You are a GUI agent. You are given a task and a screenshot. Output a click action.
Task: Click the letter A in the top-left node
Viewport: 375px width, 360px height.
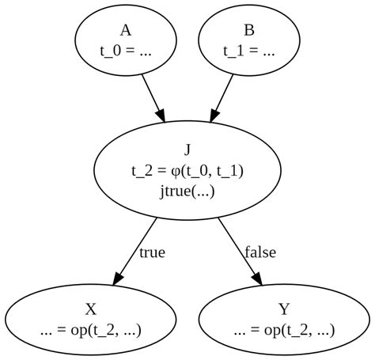coord(125,31)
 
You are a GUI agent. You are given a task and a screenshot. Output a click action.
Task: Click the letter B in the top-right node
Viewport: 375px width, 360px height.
coord(249,31)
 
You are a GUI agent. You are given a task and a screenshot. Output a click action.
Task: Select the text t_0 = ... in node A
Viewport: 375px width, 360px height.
coord(125,50)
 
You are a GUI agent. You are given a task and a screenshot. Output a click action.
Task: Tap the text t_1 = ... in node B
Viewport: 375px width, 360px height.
coord(249,50)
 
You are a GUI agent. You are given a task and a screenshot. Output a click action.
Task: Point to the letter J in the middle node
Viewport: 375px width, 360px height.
coord(187,150)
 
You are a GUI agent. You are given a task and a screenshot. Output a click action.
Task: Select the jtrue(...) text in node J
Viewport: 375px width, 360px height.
coord(187,190)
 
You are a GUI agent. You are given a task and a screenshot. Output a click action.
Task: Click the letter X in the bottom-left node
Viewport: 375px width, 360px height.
coord(90,309)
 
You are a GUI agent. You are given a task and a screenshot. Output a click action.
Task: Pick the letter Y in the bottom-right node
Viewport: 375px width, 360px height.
coord(284,309)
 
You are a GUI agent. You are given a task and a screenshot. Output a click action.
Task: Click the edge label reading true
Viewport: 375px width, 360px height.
coord(152,252)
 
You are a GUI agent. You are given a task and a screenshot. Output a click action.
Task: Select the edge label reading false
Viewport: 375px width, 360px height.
coord(260,252)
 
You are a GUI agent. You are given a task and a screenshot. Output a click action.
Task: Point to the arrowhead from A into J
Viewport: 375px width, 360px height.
coord(161,116)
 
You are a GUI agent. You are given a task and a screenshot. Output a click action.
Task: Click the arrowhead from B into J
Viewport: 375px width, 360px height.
coord(214,116)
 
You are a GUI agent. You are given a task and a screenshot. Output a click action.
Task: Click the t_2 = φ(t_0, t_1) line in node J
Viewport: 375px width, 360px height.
coord(187,169)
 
